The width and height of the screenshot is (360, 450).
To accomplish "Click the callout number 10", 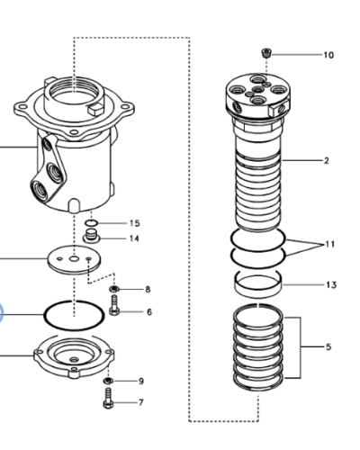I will point(328,55).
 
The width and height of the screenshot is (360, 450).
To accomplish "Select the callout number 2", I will point(326,161).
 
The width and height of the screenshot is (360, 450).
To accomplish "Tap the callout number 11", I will point(329,244).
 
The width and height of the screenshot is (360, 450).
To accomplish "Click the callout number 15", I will point(134,222).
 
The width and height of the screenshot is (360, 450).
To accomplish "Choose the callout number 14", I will point(134,238).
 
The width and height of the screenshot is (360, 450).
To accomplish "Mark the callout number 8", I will point(148,289).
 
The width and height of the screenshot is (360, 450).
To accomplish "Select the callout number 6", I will point(148,311).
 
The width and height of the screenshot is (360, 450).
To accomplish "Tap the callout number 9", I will point(140,381).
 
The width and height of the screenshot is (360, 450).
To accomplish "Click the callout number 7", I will point(140,402).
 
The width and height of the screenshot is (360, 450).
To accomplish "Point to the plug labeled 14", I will point(91,238).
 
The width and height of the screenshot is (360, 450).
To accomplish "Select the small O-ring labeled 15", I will point(91,222).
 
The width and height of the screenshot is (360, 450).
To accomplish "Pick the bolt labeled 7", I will point(108,402).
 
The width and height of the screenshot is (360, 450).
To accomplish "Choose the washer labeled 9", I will point(108,382).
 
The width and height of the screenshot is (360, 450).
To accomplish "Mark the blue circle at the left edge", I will point(1,314).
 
